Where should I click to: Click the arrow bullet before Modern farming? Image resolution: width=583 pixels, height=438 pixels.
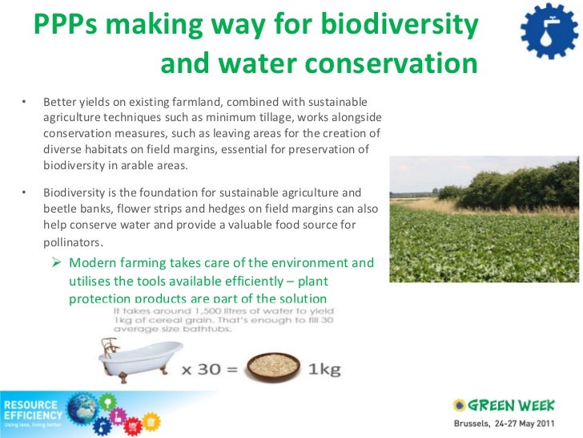pyautogui.click(x=58, y=263)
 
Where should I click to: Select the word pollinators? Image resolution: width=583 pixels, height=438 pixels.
pyautogui.click(x=73, y=241)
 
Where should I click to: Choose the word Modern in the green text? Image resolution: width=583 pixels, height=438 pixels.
pyautogui.click(x=92, y=263)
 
